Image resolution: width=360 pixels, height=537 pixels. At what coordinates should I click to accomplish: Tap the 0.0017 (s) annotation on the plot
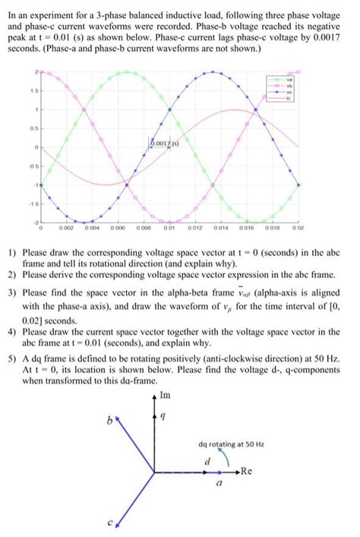point(163,142)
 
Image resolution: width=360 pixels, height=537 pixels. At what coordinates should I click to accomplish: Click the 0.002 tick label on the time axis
point(67,227)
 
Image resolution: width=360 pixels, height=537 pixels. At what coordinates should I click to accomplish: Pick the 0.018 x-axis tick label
point(274,227)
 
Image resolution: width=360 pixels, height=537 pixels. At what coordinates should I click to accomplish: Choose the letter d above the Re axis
point(206,462)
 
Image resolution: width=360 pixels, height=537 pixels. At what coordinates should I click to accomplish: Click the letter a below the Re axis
point(218,482)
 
